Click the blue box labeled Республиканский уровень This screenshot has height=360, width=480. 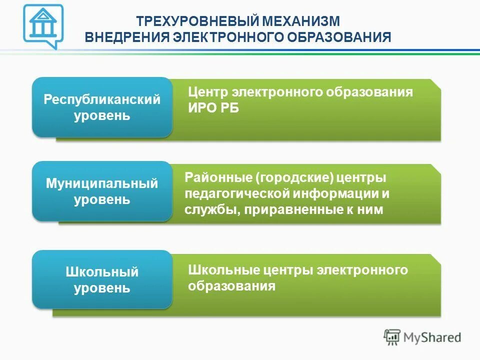coord(102,107)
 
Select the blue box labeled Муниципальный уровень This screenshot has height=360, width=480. coord(102,191)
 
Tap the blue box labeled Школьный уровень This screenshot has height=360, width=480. coord(102,280)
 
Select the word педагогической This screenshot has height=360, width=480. coord(239,193)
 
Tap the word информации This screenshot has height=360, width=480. coord(336,193)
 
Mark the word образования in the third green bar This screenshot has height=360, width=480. coord(232,286)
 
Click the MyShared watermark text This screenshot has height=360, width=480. coord(432,337)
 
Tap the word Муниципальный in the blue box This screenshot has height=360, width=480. coord(102,183)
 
